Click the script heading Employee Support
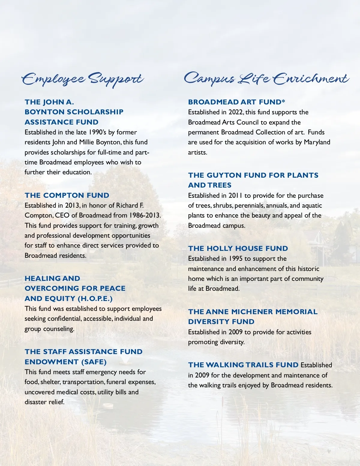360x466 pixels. pos(82,79)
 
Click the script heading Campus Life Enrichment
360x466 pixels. pos(266,79)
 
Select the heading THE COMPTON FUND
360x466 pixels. pos(67,195)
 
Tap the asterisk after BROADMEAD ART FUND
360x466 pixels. pos(283,101)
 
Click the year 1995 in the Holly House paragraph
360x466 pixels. pos(235,259)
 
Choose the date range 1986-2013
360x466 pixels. pos(145,215)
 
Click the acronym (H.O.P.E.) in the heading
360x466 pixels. pos(95,299)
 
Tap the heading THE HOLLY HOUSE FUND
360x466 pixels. pos(238,248)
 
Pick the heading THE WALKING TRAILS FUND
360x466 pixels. pos(243,365)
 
